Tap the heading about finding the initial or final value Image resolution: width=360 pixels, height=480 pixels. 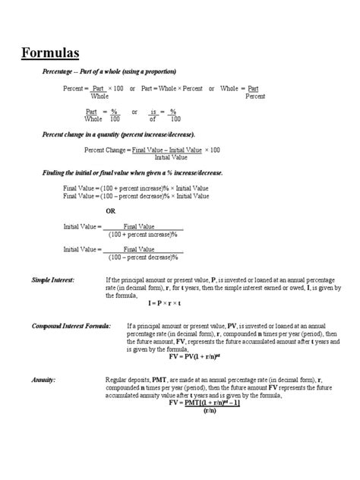(132, 173)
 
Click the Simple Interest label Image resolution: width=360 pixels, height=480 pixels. (52, 280)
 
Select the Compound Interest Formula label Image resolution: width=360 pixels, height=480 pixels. (71, 325)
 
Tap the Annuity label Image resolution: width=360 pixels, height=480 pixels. (43, 377)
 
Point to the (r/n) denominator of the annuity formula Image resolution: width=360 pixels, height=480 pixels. (210, 412)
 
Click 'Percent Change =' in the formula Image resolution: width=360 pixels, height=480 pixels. (106, 150)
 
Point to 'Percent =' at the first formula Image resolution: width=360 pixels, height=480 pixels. (75, 89)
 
